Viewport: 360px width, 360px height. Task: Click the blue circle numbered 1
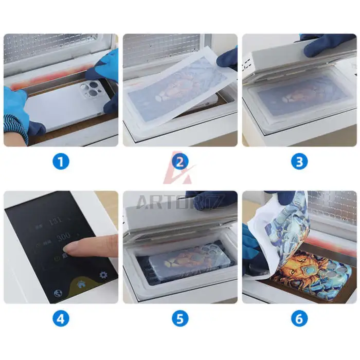(61, 163)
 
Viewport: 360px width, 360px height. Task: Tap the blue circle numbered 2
(179, 163)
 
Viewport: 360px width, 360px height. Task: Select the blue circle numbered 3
(299, 163)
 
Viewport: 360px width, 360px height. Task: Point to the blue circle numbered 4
(61, 319)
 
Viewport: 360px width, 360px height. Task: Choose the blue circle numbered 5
(179, 319)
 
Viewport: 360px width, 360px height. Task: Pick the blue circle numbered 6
(299, 319)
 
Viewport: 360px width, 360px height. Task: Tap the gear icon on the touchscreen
(103, 275)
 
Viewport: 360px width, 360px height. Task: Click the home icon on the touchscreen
(81, 282)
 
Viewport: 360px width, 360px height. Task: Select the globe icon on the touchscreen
(57, 294)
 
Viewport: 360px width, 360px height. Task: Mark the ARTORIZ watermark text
(179, 202)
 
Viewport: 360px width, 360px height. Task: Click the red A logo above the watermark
(179, 170)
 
